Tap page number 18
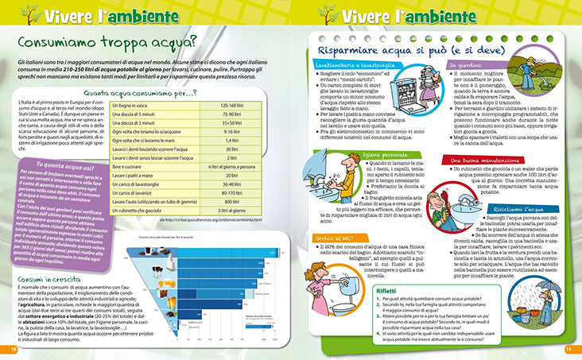(x=13, y=348)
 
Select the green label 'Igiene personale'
(x=378, y=155)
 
